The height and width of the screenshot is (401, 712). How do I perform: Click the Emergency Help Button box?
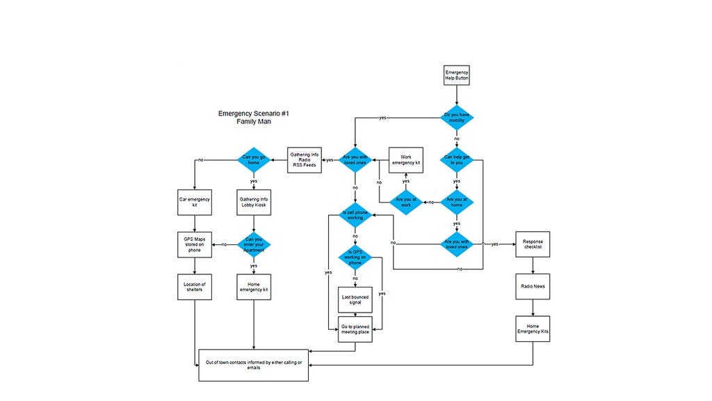[457, 76]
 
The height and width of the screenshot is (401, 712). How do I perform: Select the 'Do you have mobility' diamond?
[457, 117]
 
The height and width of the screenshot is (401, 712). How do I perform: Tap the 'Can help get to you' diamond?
[457, 159]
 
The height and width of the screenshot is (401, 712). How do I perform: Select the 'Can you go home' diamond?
[253, 160]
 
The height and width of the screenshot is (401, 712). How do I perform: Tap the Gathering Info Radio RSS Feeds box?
[305, 160]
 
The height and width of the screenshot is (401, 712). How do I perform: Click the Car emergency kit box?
[195, 202]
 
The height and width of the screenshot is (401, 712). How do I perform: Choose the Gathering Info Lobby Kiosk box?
[253, 202]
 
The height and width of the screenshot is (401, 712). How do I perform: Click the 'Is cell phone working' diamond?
[355, 215]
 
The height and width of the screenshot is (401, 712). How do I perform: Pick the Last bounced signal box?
[355, 299]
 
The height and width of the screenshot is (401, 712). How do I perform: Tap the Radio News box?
[533, 286]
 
